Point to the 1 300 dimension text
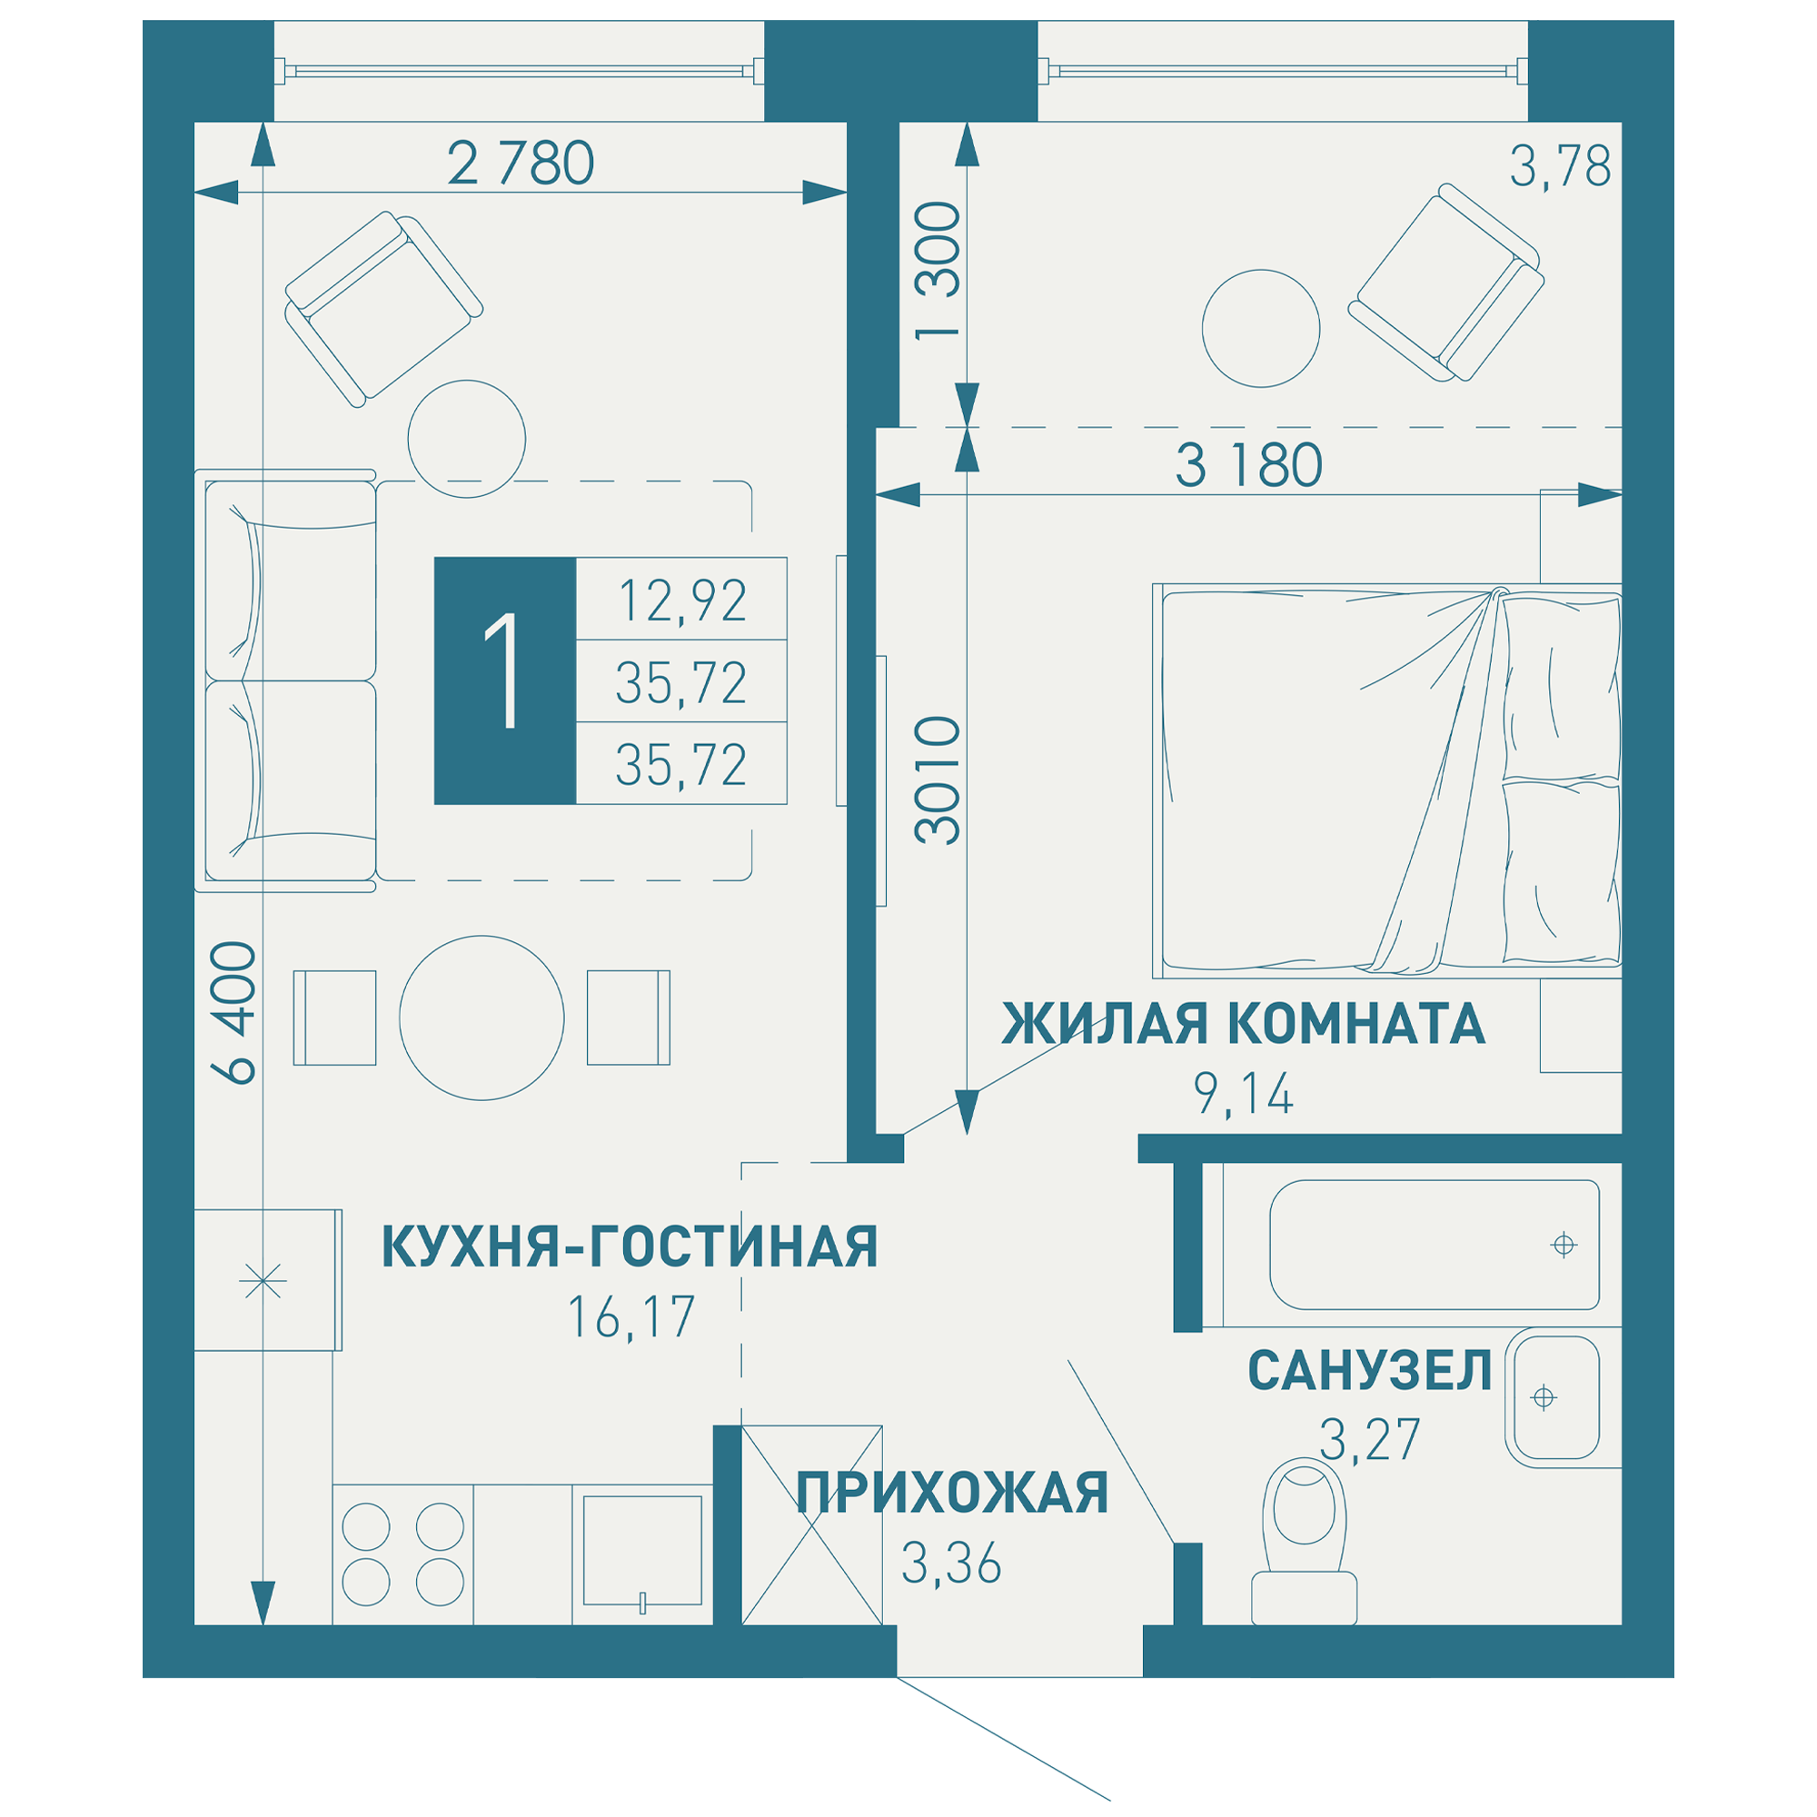tap(938, 271)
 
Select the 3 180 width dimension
tap(1248, 465)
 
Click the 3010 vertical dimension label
tap(938, 780)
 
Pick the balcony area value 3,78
tap(1559, 166)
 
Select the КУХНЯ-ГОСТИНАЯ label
tap(630, 1246)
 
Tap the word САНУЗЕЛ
tap(1368, 1370)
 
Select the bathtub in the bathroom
tap(1434, 1246)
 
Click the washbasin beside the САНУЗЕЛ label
tap(1551, 1397)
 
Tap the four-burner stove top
tap(402, 1554)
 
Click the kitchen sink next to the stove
tap(642, 1550)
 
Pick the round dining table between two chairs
tap(482, 1018)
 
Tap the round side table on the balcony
tap(1260, 328)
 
